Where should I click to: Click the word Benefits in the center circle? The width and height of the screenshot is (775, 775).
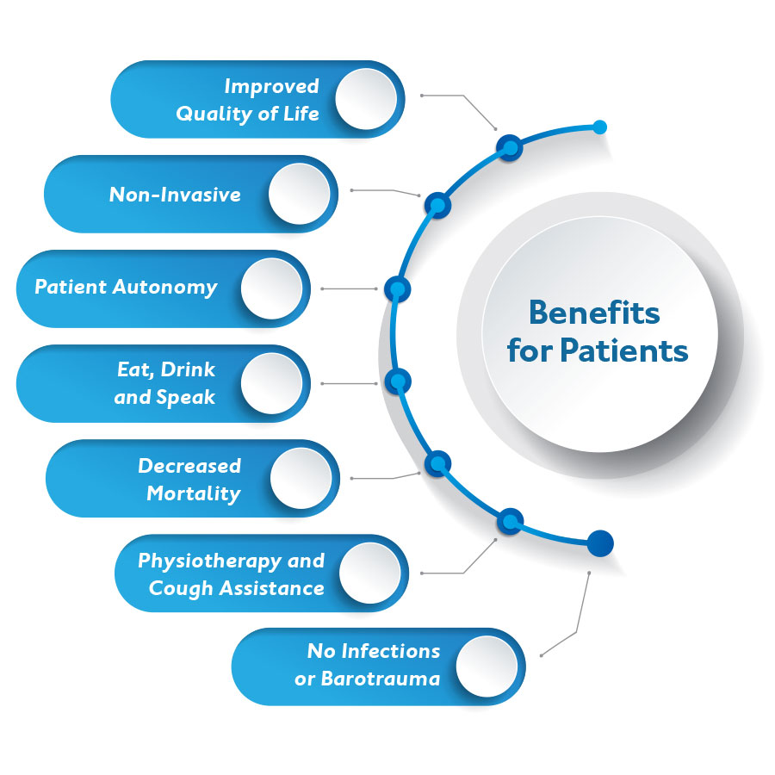594,313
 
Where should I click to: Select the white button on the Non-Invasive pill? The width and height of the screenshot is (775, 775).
299,194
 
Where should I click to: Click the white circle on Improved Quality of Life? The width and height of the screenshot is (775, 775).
366,99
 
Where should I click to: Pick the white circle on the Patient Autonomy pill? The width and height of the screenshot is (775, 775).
271,288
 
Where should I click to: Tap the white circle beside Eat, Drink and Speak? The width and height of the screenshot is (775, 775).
271,383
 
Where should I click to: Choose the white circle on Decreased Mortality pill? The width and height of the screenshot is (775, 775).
301,478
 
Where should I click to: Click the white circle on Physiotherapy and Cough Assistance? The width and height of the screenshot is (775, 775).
369,573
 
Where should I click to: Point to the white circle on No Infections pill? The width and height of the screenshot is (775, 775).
487,666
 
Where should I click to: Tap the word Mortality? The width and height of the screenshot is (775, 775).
194,493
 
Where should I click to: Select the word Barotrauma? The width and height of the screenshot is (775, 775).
380,678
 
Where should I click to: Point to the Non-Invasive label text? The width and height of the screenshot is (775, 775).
175,195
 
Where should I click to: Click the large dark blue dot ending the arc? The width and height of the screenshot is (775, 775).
600,543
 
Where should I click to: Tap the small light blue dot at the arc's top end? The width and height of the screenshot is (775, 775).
600,127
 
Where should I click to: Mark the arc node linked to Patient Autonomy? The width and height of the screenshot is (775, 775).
397,288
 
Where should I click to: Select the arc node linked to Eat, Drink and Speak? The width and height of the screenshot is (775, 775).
397,381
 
